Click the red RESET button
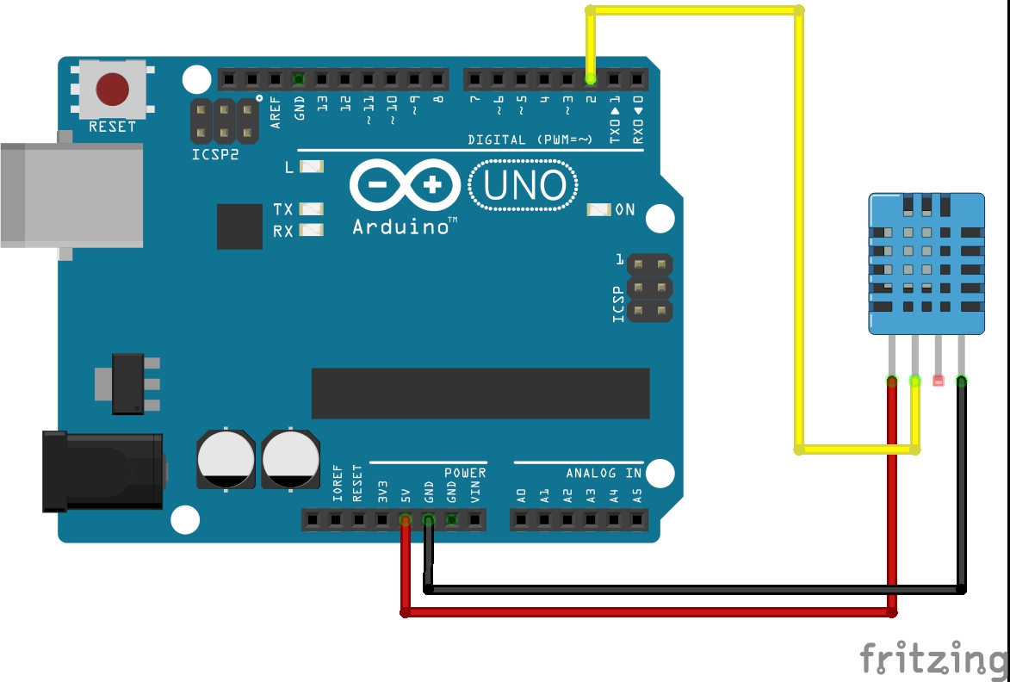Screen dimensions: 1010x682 pyautogui.click(x=113, y=89)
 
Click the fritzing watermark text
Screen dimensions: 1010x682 pyautogui.click(x=933, y=659)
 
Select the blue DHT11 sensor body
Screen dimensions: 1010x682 pyautogui.click(x=926, y=263)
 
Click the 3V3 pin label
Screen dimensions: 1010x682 pyautogui.click(x=382, y=492)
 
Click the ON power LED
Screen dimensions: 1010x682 pyautogui.click(x=598, y=209)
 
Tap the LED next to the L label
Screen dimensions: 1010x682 pyautogui.click(x=312, y=166)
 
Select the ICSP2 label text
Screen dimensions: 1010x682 pyautogui.click(x=215, y=156)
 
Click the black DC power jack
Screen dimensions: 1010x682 pyautogui.click(x=102, y=471)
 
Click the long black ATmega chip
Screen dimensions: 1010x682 pyautogui.click(x=480, y=394)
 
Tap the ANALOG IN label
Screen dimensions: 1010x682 pyautogui.click(x=604, y=473)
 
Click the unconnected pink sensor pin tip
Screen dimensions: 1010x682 pyautogui.click(x=938, y=381)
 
